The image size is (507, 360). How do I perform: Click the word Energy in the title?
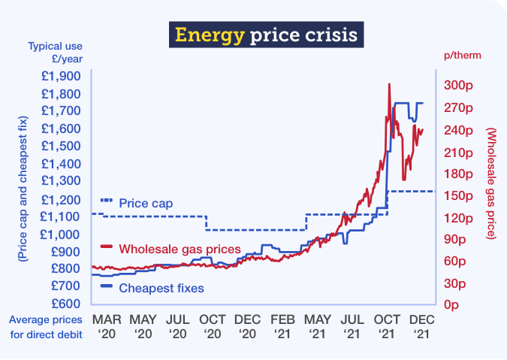[202, 35]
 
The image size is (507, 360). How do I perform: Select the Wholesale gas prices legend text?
[180, 249]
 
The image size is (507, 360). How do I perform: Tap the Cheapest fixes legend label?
[161, 287]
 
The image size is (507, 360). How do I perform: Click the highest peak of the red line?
[389, 84]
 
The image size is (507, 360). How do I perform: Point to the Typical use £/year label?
[54, 53]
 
